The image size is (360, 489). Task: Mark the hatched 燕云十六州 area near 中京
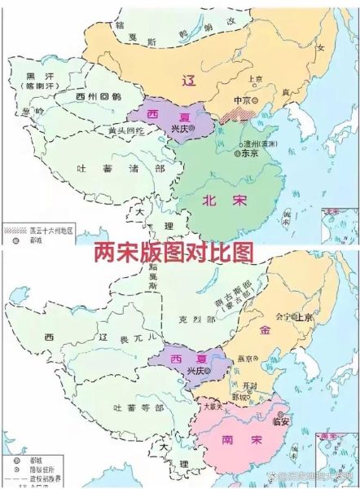tap(244, 115)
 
